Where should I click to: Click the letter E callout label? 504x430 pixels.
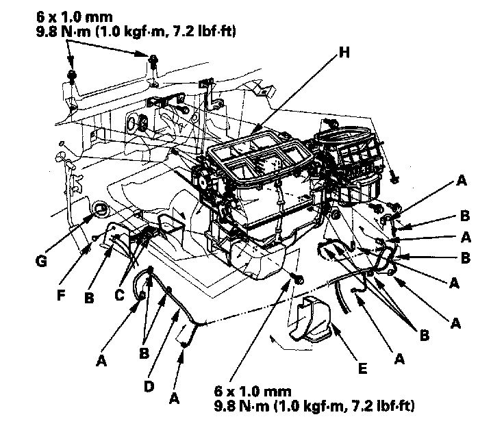pyautogui.click(x=362, y=368)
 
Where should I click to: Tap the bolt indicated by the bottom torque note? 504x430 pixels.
pyautogui.click(x=297, y=279)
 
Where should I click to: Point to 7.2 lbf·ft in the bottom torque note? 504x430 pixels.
pyautogui.click(x=379, y=407)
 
